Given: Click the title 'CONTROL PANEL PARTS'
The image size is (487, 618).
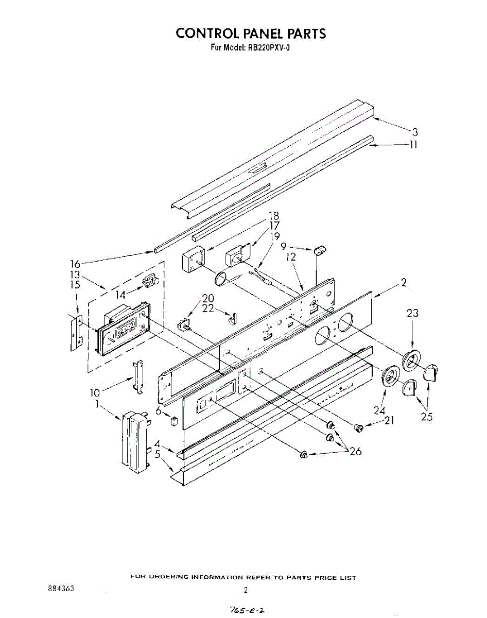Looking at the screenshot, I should [x=251, y=33].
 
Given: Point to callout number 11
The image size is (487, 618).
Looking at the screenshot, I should [x=413, y=145].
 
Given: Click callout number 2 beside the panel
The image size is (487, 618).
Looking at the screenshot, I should [x=404, y=282].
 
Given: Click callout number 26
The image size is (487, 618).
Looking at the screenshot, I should [x=355, y=452].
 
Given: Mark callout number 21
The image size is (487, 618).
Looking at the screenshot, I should [x=389, y=421].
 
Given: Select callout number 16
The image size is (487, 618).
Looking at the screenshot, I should [x=75, y=264].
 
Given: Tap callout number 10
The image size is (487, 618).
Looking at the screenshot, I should [x=94, y=393].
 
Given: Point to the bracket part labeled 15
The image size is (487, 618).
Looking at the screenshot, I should [x=75, y=334].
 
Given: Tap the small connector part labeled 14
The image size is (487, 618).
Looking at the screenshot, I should [x=149, y=281].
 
